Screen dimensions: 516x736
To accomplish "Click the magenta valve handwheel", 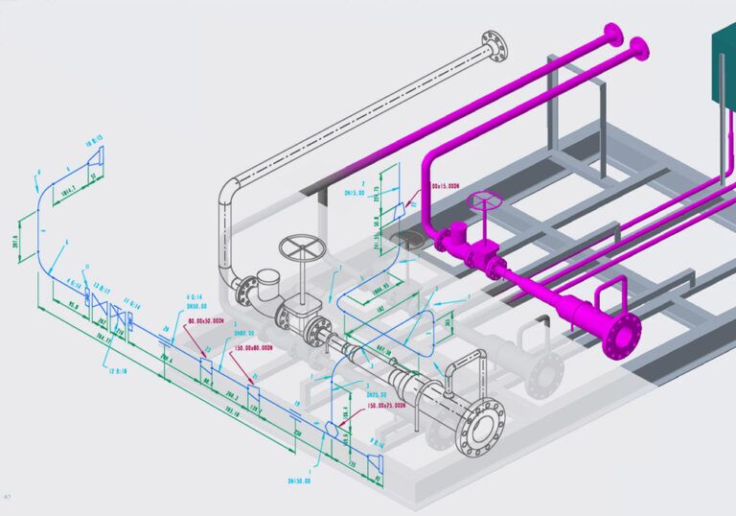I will click(484, 202).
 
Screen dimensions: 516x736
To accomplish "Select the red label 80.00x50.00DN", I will click(205, 320).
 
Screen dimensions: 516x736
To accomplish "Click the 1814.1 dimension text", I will click(70, 192).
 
